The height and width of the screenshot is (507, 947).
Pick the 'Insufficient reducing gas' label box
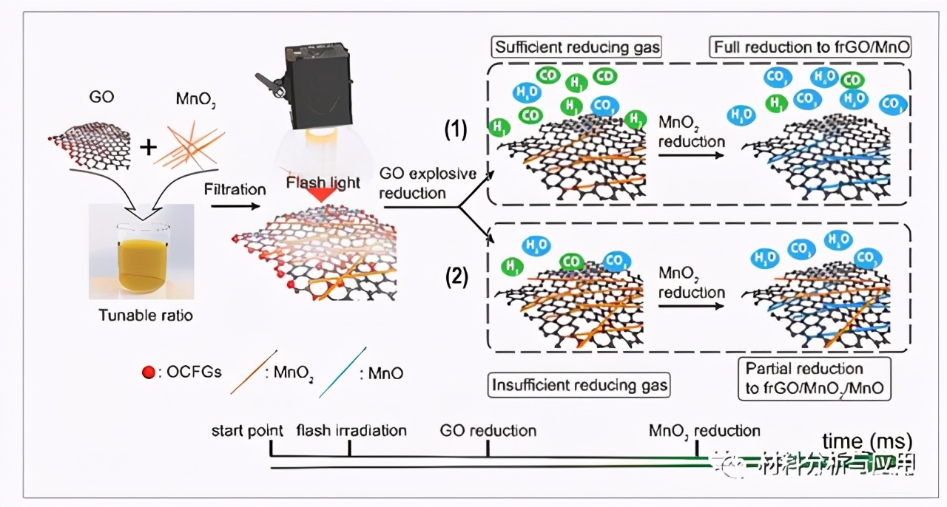tap(579, 384)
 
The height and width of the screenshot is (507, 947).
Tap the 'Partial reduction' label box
tap(814, 378)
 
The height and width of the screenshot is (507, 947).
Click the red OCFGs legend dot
tap(148, 373)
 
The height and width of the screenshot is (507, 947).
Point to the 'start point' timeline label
tap(249, 430)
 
